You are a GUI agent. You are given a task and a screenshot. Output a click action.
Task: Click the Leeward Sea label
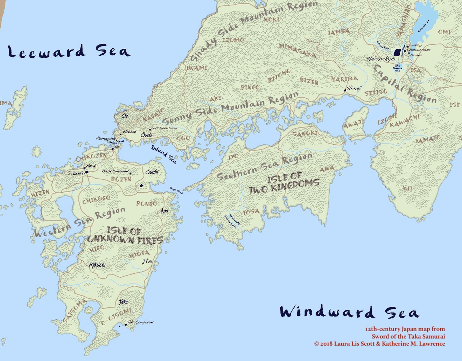69,51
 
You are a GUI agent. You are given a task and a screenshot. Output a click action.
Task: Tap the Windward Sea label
349,312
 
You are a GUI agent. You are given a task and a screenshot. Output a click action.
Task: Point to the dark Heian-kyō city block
397,53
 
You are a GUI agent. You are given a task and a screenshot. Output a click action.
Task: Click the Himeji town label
354,88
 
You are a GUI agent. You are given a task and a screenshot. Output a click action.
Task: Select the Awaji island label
354,124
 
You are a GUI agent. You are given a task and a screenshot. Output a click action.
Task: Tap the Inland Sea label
163,154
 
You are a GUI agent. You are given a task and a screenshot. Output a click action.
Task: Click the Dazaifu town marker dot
86,172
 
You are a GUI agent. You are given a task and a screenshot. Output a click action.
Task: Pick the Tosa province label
252,212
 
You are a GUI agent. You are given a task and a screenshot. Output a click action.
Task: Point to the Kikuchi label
97,265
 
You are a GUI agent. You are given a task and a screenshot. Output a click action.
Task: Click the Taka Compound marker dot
126,325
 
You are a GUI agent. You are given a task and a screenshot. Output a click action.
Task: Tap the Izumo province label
233,40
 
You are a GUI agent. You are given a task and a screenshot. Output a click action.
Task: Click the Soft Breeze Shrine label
164,128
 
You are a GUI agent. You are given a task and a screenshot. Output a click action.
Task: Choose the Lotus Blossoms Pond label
397,68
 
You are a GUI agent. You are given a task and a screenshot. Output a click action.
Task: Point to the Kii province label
407,189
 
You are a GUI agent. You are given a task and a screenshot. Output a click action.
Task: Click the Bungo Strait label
176,190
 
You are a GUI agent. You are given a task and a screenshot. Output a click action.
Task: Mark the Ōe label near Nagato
125,116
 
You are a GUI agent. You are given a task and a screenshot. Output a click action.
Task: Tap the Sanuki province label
305,134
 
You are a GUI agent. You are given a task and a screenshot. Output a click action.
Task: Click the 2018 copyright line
379,344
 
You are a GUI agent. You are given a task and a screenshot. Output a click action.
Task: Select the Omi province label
444,32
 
